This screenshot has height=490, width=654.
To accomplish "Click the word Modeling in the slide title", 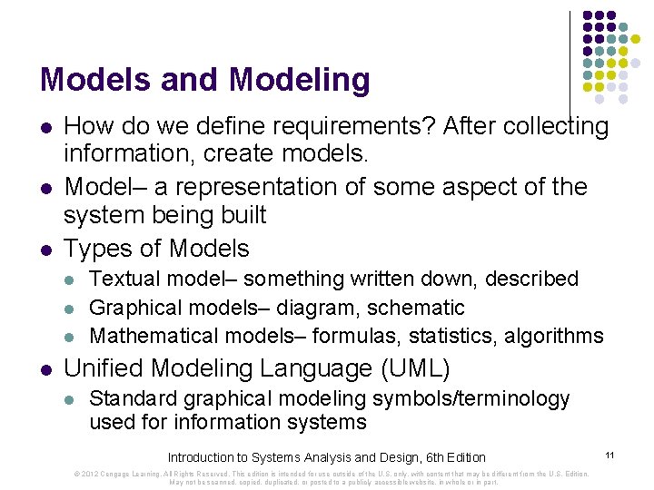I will [300, 80].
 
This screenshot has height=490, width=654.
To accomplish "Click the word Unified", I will [104, 368].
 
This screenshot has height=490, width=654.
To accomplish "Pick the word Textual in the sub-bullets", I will [120, 279].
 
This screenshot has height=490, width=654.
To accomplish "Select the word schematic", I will [418, 308].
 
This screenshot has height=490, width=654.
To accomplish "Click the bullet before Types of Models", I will [45, 249].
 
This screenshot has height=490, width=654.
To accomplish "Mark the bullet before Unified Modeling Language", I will [45, 369].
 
